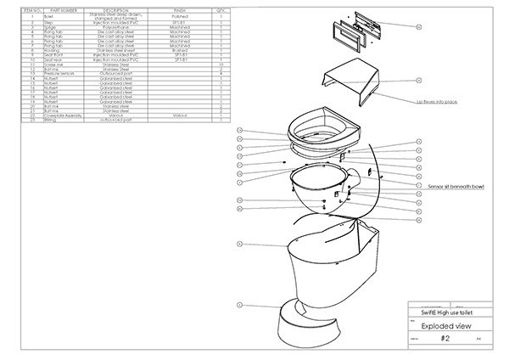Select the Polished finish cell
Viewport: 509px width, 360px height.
pos(180,15)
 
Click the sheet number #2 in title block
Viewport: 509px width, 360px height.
pos(445,338)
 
